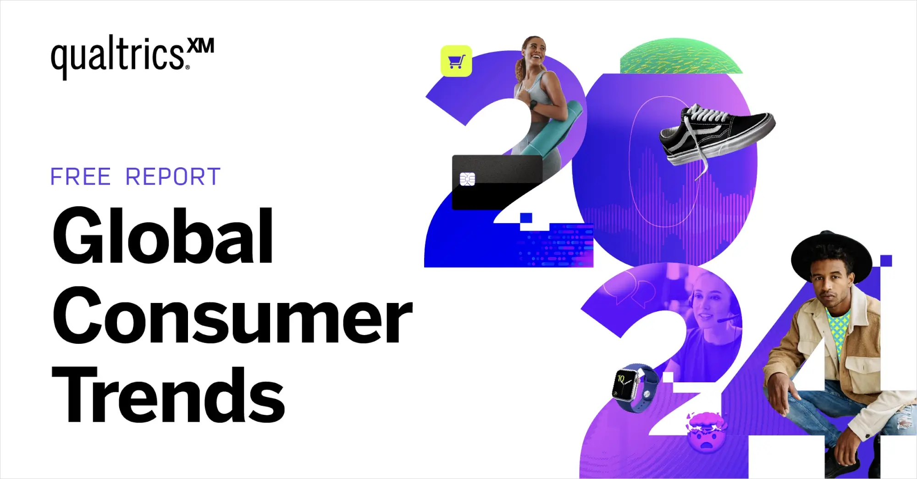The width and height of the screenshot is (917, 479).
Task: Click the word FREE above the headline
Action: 80,177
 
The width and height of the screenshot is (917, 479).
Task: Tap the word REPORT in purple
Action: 173,177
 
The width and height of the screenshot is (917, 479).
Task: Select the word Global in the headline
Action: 163,236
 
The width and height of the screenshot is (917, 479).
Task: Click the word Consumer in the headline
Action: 232,316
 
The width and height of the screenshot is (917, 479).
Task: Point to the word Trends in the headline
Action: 168,395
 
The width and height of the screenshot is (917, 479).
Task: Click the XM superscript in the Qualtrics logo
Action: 201,46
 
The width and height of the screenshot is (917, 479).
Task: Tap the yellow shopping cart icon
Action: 456,61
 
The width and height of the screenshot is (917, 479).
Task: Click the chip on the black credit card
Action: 467,179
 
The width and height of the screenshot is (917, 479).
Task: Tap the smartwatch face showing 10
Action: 625,384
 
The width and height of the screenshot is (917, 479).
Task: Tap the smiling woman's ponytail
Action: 520,69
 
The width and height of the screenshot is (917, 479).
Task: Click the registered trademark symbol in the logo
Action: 188,67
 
